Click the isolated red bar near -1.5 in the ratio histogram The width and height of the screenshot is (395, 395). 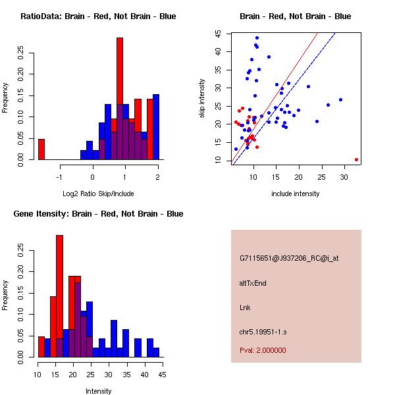(41, 149)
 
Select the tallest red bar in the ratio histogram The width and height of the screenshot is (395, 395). (120, 99)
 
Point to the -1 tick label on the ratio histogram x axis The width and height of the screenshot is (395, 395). (60, 176)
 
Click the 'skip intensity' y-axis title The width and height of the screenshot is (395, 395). (202, 99)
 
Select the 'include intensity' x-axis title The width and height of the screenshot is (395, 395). (295, 194)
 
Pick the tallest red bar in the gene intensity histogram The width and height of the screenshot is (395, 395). (60, 296)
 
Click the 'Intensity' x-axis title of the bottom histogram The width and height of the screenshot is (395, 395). (99, 391)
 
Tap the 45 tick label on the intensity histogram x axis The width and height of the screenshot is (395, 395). (161, 375)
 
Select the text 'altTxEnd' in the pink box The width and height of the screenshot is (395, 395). (253, 283)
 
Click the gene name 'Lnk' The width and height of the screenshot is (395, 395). (245, 307)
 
